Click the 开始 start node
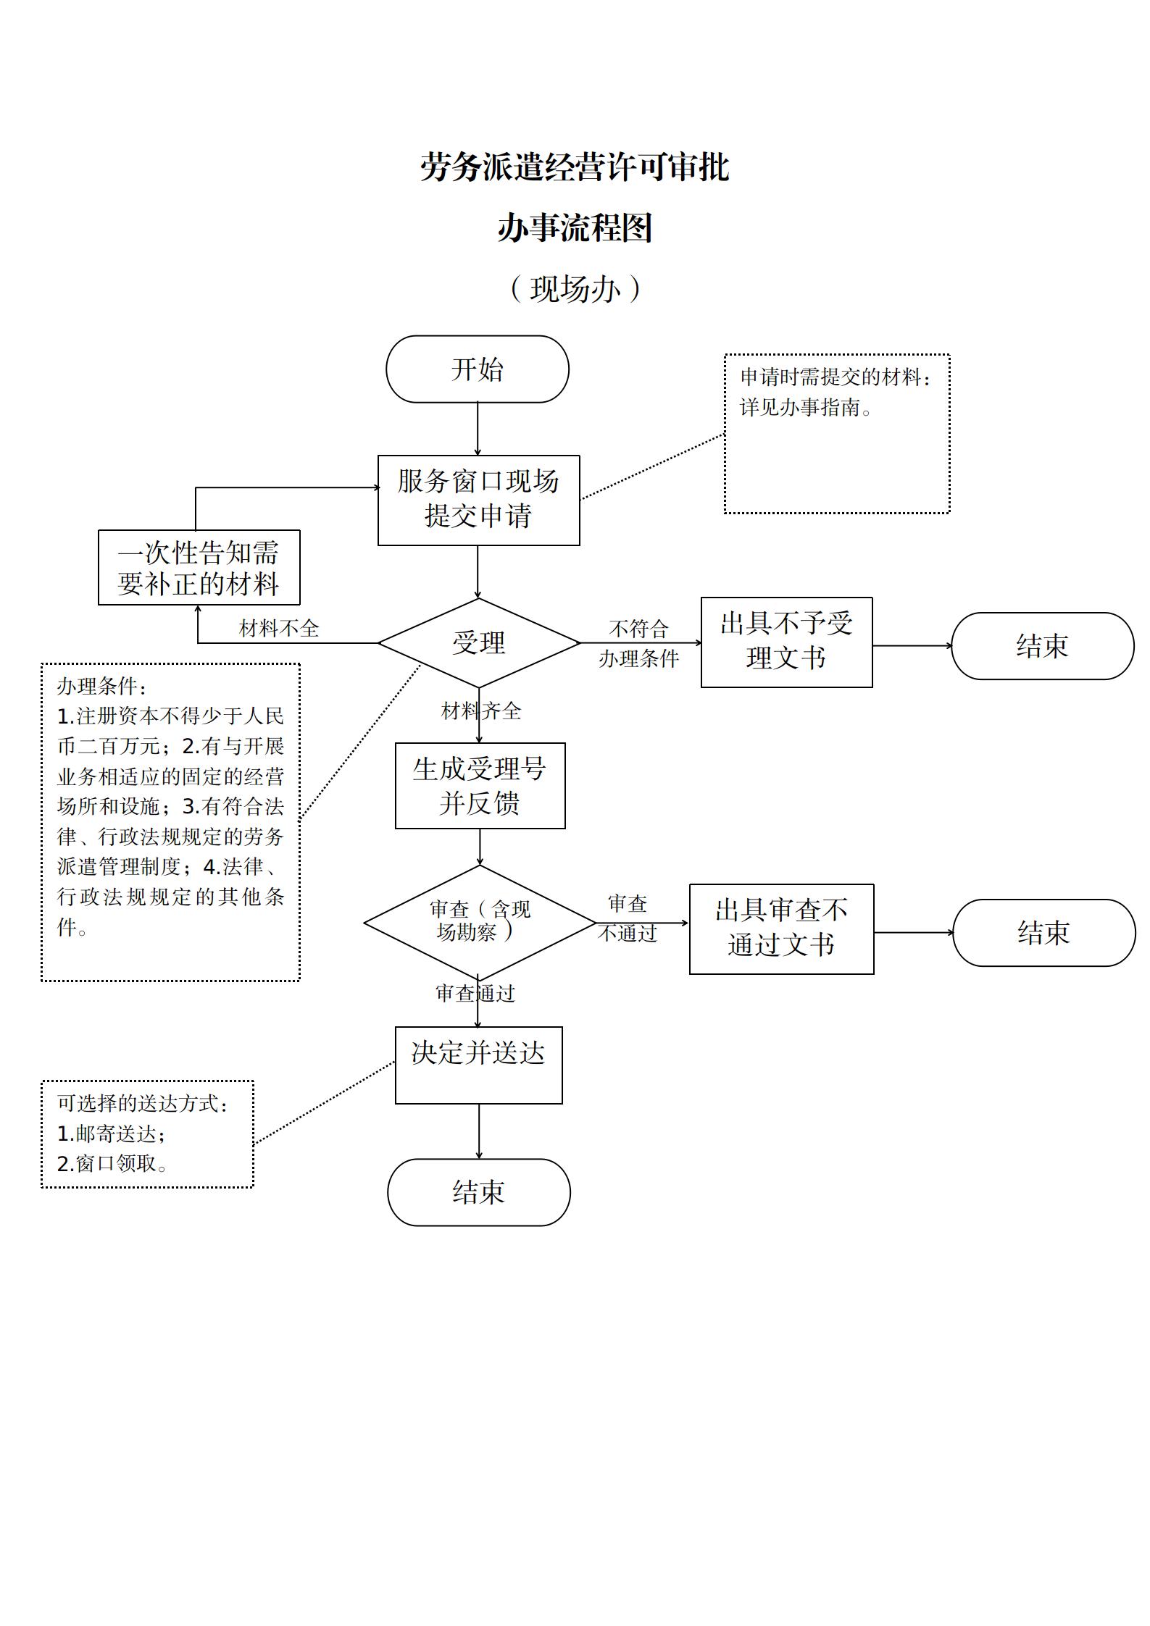click(477, 369)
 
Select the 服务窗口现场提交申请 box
click(478, 500)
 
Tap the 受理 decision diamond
click(478, 642)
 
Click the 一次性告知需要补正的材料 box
click(199, 568)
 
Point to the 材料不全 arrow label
click(279, 628)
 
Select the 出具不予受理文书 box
click(786, 642)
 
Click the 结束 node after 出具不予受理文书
click(1042, 645)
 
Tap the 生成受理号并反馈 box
click(480, 785)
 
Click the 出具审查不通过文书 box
click(781, 929)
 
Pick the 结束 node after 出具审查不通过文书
click(1043, 932)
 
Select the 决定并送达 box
click(478, 1065)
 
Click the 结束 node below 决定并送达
click(478, 1191)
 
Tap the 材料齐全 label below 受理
click(481, 711)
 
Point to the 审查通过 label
click(475, 993)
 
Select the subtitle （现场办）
click(575, 289)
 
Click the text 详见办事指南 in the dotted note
click(804, 408)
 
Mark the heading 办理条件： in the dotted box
click(101, 686)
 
